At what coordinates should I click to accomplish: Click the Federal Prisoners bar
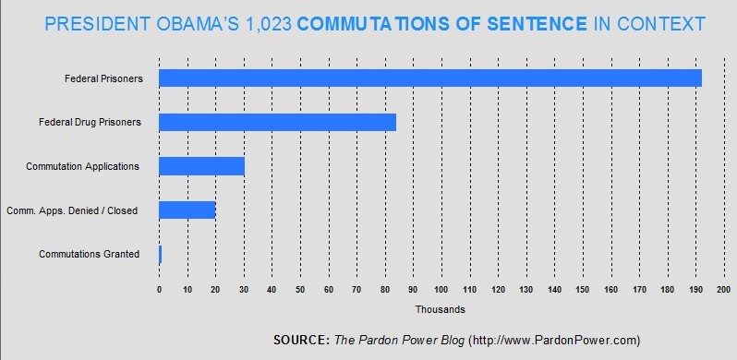tap(430, 78)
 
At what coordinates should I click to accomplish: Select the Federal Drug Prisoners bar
tap(277, 122)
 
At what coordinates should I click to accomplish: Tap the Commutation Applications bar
tap(201, 166)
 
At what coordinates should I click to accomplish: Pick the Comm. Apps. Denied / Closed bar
tap(187, 210)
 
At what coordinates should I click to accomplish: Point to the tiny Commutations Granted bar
tap(161, 254)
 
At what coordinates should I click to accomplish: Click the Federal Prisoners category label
tap(103, 78)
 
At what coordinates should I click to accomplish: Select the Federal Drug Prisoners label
tap(90, 122)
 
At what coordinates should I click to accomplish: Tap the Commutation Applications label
tap(89, 166)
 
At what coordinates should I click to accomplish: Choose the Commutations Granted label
tap(89, 254)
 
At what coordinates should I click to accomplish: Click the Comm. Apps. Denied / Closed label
tap(84, 210)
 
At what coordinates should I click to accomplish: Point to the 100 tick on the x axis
tap(441, 290)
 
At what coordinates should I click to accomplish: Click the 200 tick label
tap(723, 290)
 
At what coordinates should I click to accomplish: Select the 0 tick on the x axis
tap(159, 290)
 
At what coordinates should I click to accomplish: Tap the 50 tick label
tap(300, 290)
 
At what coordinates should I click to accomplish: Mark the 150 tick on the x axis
tap(582, 290)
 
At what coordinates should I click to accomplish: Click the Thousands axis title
tap(440, 309)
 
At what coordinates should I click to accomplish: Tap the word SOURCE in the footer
tap(299, 339)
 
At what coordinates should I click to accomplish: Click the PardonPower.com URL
tap(552, 339)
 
